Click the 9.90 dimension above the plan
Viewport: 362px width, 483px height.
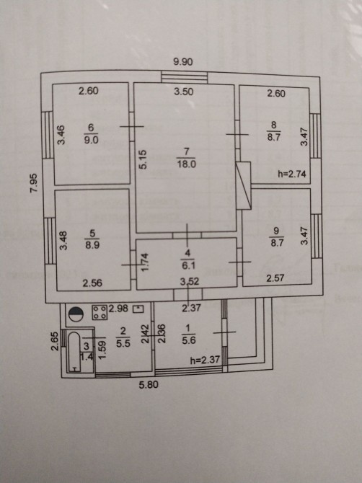click(183, 62)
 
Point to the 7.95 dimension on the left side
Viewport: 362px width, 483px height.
click(34, 184)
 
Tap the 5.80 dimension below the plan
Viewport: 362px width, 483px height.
click(149, 385)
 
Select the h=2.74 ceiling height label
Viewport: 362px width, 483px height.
click(292, 174)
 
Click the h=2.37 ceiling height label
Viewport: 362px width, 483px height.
click(205, 360)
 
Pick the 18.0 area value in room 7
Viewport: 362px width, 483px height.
click(186, 164)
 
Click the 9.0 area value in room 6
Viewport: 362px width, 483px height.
click(91, 140)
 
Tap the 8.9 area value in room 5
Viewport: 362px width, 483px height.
click(92, 246)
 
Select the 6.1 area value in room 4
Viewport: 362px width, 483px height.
click(188, 265)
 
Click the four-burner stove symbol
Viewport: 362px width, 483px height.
click(100, 312)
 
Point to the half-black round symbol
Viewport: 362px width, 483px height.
click(76, 314)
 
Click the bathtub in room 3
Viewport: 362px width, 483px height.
click(74, 352)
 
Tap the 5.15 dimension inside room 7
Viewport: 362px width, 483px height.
click(144, 159)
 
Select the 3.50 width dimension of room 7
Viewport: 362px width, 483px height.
click(184, 92)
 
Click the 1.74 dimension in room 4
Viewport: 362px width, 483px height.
click(145, 262)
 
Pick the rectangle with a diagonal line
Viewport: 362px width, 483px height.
click(244, 186)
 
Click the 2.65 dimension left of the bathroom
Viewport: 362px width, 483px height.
click(55, 341)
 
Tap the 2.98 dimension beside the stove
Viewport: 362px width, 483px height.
click(118, 309)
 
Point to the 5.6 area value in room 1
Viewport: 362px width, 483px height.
click(189, 340)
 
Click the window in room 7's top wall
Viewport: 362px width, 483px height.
click(185, 77)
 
